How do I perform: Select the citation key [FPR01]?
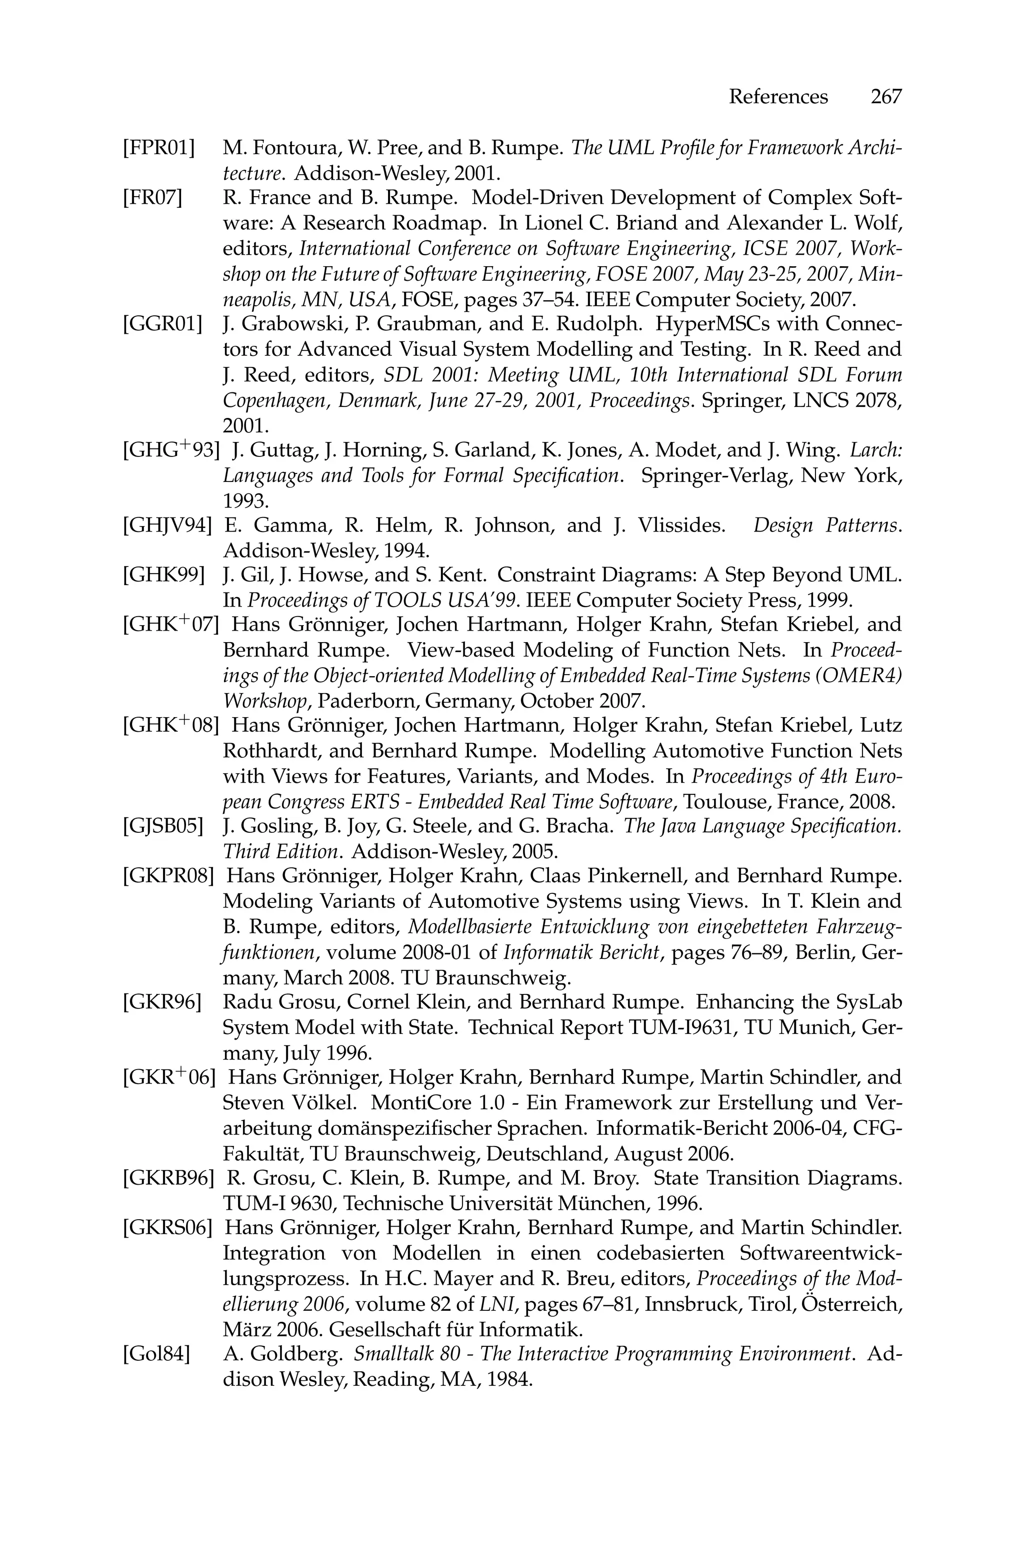point(158,148)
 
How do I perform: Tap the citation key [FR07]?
point(152,197)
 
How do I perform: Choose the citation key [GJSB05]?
point(162,827)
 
